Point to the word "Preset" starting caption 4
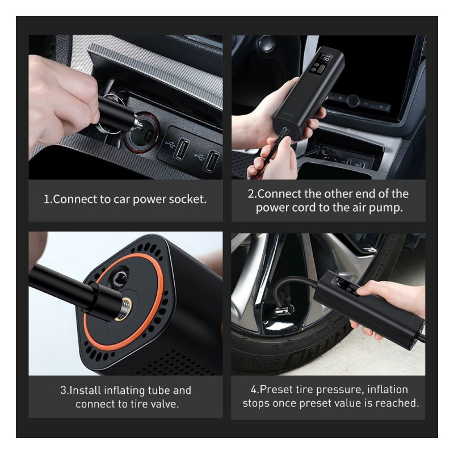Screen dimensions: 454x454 276,390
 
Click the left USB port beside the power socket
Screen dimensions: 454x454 181,148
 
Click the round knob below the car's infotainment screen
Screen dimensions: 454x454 353,100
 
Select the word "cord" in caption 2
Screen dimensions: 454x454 304,208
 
